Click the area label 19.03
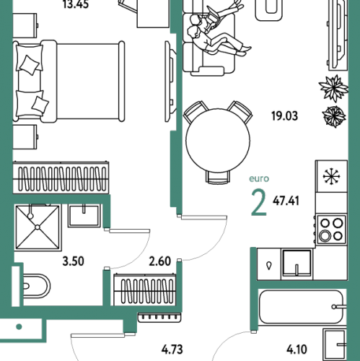pos(285,116)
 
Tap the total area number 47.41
pos(286,201)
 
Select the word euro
pos(259,178)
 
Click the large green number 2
pos(259,202)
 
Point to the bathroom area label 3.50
pos(73,261)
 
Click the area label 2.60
pos(160,261)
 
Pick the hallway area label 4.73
pos(172,349)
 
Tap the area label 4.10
pos(297,349)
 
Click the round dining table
pos(218,140)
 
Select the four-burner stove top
pos(331,230)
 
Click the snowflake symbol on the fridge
pos(331,177)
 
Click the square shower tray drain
pos(38,227)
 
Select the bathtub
pos(301,307)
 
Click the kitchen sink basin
pos(297,264)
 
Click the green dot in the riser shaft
pos(19,327)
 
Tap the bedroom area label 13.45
pos(76,4)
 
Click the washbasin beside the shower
pos(84,216)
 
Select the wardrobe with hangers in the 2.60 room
pos(145,290)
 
